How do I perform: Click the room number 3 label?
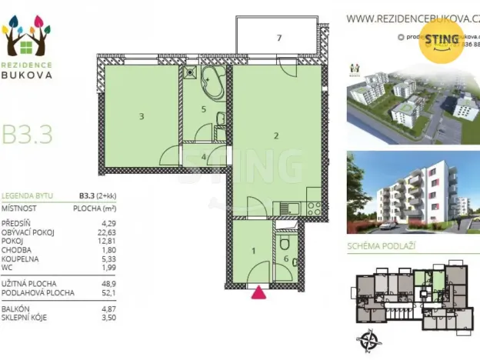click(x=142, y=117)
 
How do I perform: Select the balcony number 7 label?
click(x=279, y=37)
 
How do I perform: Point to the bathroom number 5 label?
click(x=203, y=109)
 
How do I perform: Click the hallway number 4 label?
click(x=203, y=157)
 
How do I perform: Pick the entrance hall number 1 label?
click(x=254, y=250)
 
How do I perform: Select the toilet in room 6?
click(x=285, y=245)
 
